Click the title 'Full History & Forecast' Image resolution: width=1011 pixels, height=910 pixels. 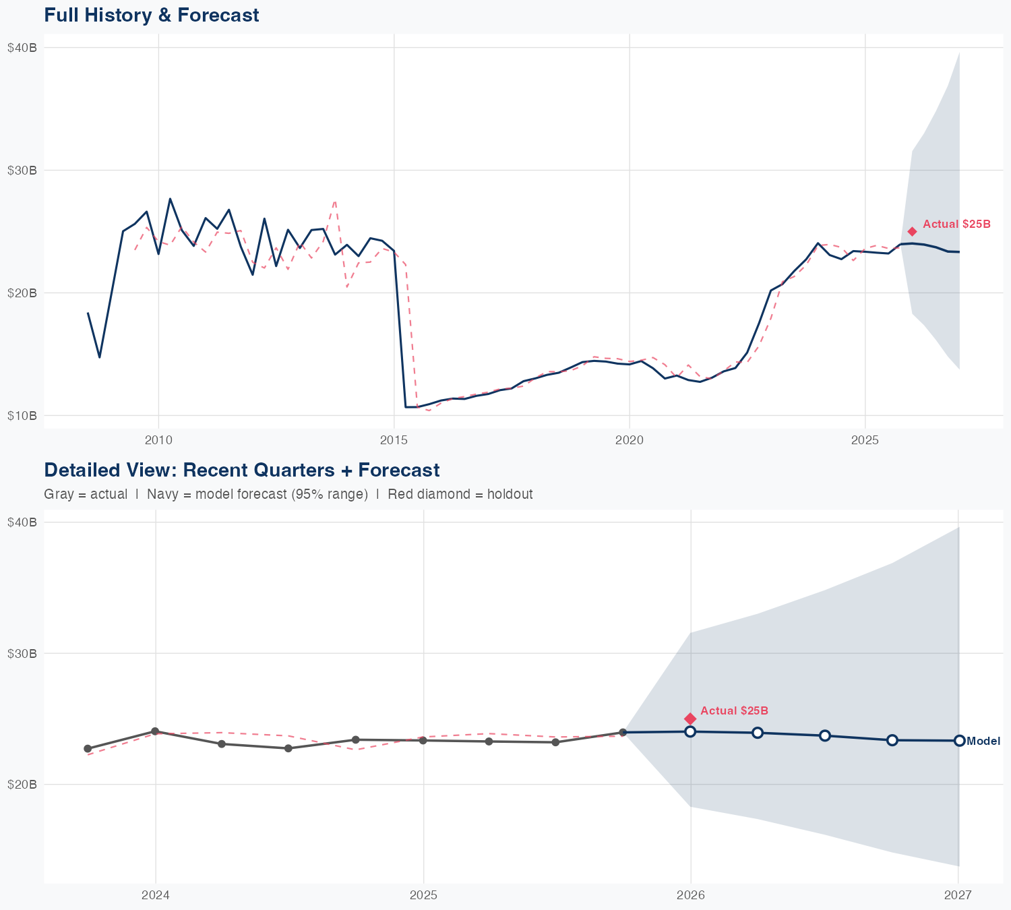click(x=151, y=16)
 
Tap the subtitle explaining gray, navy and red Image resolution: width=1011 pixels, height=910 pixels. click(x=288, y=494)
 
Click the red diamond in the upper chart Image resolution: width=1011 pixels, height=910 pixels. click(x=912, y=231)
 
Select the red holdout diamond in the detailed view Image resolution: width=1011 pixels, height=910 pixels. click(x=690, y=719)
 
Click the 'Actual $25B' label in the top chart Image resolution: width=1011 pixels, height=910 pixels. click(x=956, y=224)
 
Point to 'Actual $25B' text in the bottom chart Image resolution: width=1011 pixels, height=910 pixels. click(x=734, y=711)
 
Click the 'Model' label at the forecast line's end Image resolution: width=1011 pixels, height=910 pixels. click(x=983, y=741)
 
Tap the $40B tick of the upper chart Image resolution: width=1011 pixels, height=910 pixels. click(x=22, y=47)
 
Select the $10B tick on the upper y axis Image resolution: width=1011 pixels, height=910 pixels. click(x=22, y=415)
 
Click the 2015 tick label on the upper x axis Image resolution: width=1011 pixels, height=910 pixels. click(x=394, y=441)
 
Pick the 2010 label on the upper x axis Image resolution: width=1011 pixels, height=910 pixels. click(x=158, y=441)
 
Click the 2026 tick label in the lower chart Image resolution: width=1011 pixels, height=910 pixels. click(x=691, y=895)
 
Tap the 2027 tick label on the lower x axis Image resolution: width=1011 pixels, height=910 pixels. click(x=958, y=895)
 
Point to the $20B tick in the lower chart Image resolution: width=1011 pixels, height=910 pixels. click(x=22, y=785)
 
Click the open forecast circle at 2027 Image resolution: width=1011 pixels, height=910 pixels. click(x=959, y=741)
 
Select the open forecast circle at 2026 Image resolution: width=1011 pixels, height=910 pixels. click(x=690, y=731)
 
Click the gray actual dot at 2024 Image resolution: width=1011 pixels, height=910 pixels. click(x=155, y=731)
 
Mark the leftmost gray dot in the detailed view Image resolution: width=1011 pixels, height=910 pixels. click(x=88, y=749)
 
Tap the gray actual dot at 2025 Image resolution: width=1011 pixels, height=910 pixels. click(x=423, y=741)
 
